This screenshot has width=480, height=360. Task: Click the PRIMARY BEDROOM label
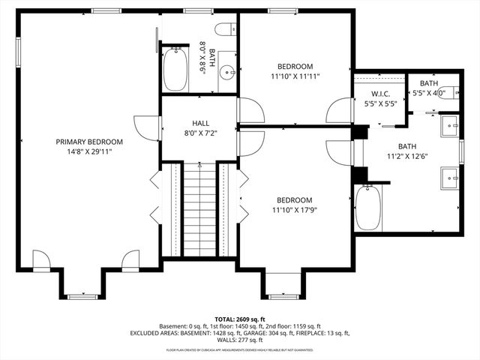[89, 141]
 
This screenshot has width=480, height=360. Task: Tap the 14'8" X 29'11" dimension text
[89, 151]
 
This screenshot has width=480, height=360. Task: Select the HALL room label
[200, 123]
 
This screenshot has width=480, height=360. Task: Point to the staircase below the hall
[199, 211]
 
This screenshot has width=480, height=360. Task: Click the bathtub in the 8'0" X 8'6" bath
[178, 68]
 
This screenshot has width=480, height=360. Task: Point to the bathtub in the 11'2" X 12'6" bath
[368, 208]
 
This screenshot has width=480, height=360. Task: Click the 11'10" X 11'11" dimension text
[295, 76]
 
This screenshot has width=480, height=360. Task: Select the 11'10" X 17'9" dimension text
[295, 209]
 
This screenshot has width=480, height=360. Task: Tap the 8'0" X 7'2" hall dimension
[200, 133]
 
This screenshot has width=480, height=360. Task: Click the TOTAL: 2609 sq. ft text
[239, 319]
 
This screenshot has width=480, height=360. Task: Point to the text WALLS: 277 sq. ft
[240, 340]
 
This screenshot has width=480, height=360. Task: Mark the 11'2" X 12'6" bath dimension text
[406, 156]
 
